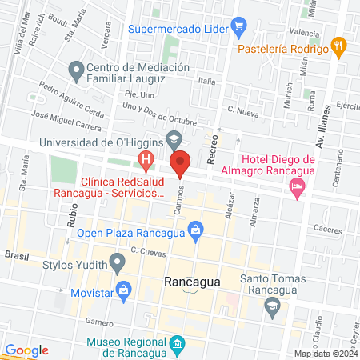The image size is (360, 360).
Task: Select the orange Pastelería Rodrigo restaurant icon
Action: click(x=339, y=47)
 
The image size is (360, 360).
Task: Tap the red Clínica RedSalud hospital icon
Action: click(x=146, y=161)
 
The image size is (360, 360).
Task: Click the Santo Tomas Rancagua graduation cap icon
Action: click(x=273, y=305)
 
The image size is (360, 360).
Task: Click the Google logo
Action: click(x=26, y=350)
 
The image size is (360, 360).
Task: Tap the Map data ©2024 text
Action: click(x=325, y=353)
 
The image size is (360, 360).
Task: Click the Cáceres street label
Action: click(x=327, y=228)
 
